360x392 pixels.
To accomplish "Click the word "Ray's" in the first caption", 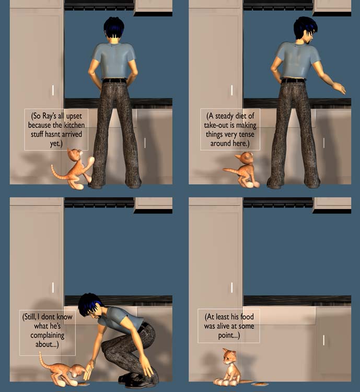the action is (x=49, y=116).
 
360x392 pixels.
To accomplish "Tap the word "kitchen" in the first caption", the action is (x=74, y=125).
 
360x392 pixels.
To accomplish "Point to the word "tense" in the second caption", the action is (x=247, y=134).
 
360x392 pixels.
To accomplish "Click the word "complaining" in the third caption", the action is (x=47, y=336).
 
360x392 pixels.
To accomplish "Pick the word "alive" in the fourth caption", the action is (x=225, y=326).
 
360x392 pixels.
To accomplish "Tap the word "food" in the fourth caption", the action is (x=247, y=317).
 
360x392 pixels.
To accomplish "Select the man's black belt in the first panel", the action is (x=114, y=80).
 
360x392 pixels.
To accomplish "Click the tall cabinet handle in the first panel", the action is (x=53, y=90).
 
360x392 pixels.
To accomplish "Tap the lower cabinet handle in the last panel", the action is (x=323, y=340).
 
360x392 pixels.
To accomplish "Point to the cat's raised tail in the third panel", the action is (x=42, y=360).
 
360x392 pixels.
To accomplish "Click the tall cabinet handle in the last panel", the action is (x=232, y=287).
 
